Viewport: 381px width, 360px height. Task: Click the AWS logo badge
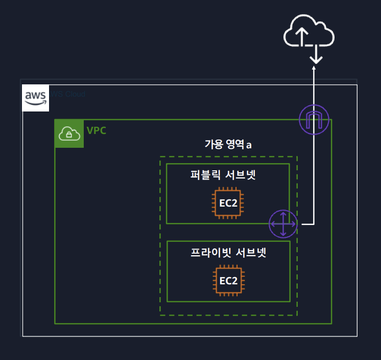pos(36,98)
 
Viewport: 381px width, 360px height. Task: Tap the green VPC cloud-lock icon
pos(69,134)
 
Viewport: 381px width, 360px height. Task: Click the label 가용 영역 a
pos(228,144)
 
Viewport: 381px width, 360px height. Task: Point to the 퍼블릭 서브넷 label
pos(223,176)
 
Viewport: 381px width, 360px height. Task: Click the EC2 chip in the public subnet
pos(228,202)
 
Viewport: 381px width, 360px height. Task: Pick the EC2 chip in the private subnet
pos(228,280)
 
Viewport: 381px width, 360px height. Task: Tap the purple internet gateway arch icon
pos(314,120)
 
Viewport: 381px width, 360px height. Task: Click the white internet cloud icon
pos(308,35)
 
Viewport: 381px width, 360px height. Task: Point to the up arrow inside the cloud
pos(302,36)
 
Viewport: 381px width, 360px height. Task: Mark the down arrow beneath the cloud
pos(317,54)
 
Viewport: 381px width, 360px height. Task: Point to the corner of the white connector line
pos(314,224)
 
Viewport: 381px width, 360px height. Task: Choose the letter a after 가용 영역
pos(249,145)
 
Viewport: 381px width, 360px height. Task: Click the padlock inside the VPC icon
pos(69,136)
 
